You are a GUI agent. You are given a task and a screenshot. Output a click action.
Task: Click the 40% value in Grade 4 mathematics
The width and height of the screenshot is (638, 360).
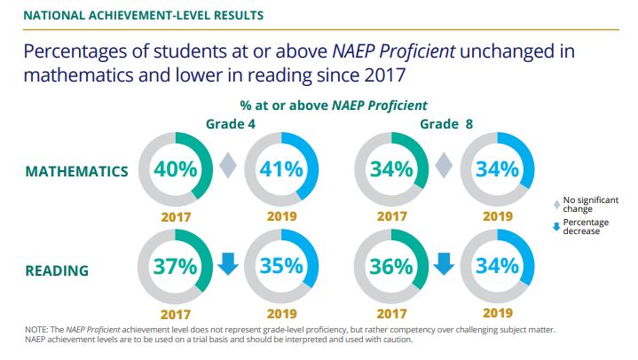click(x=176, y=168)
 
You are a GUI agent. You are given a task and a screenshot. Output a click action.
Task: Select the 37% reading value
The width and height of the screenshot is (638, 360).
click(x=176, y=265)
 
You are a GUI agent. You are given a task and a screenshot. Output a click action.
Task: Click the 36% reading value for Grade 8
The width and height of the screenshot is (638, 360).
click(x=392, y=265)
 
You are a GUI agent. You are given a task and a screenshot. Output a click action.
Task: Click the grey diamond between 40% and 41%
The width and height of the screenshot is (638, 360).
click(x=228, y=167)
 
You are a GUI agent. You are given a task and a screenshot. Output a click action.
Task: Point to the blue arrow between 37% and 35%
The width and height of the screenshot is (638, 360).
click(x=228, y=264)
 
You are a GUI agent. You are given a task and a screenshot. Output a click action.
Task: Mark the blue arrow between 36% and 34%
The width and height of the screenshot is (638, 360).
click(x=444, y=264)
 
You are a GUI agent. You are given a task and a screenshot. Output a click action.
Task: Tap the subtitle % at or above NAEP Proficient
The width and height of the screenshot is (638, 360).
click(x=332, y=106)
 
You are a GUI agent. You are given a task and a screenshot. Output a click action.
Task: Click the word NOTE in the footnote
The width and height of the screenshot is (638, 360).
click(x=39, y=330)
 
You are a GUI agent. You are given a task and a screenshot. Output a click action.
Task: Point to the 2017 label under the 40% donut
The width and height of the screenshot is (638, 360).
click(x=176, y=215)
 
